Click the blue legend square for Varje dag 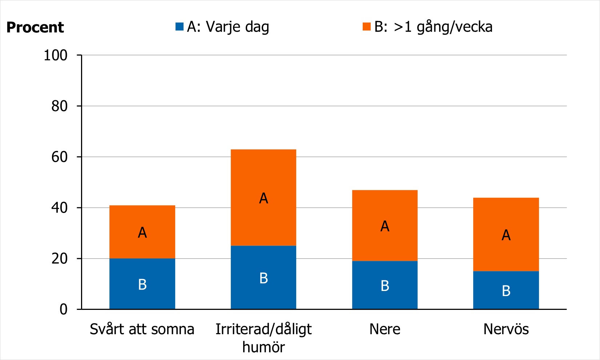[179, 27]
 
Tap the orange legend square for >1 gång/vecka [366, 27]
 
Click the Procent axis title [35, 28]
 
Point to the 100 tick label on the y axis [56, 55]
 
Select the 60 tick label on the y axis [59, 157]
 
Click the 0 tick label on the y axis [64, 310]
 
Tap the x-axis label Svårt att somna [142, 329]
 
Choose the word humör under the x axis [263, 347]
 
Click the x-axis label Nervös [506, 329]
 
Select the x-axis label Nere [385, 329]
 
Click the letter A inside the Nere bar [385, 226]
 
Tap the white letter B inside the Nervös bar [506, 291]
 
